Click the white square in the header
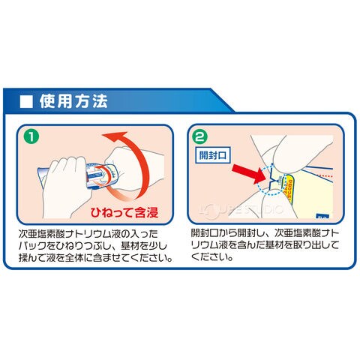(x=26, y=102)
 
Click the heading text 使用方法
(x=73, y=101)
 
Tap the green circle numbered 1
(x=31, y=137)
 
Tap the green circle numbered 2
(x=201, y=136)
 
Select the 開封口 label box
(x=212, y=155)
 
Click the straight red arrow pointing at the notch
(x=248, y=173)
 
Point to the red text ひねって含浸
(x=124, y=213)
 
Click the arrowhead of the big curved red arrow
(x=114, y=137)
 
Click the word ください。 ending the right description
(x=212, y=256)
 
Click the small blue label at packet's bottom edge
(x=322, y=217)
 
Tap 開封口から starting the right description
(x=214, y=233)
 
